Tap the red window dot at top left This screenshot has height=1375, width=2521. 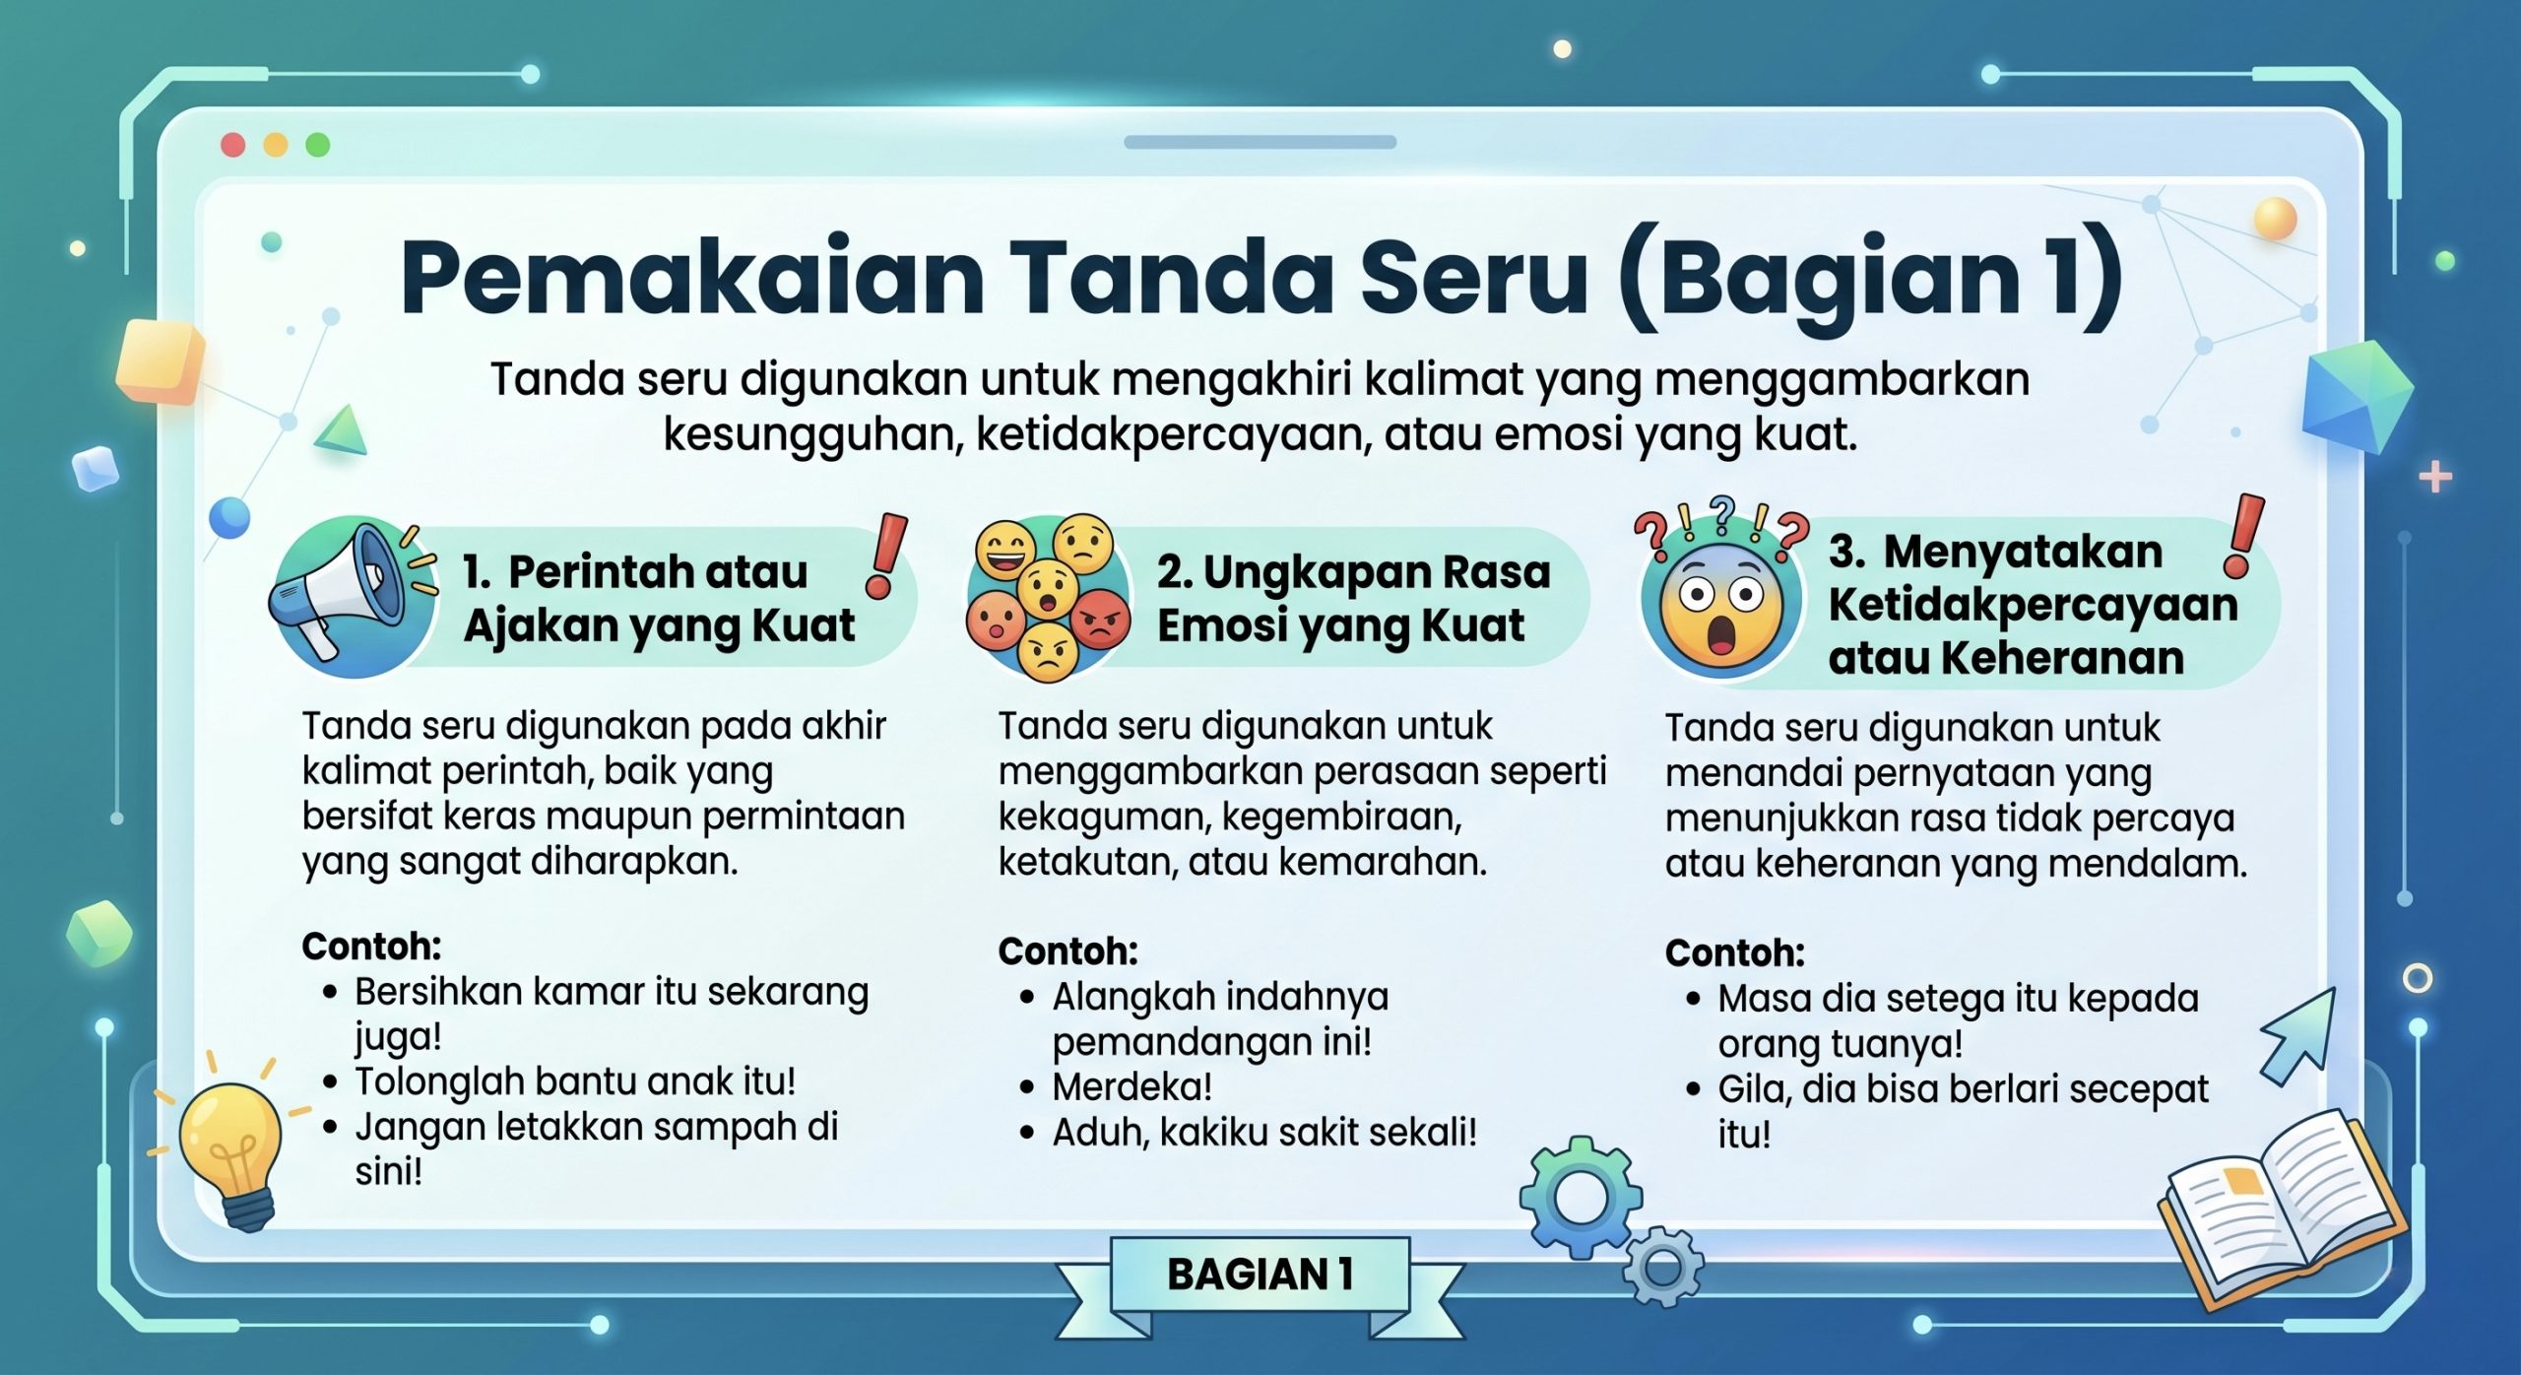pos(233,145)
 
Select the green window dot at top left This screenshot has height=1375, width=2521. pos(318,145)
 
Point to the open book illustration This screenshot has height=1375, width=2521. pos(2280,1207)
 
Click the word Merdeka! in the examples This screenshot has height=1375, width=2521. pos(1131,1087)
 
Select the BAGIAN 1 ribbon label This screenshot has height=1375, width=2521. pos(1260,1275)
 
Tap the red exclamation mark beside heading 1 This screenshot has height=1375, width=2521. pos(886,557)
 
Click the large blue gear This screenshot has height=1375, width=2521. pos(1580,1197)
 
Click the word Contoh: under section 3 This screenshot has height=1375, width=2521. pos(1734,953)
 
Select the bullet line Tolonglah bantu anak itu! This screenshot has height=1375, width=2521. pos(575,1081)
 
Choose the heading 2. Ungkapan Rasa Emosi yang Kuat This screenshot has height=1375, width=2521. pos(1353,598)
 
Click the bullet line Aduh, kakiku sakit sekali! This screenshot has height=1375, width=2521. pos(1264,1133)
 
